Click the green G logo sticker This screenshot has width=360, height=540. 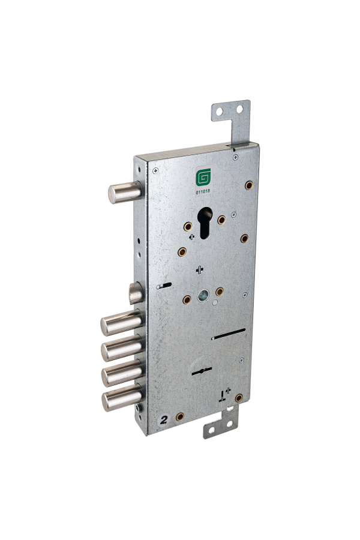203,178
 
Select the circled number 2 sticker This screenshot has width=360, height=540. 164,419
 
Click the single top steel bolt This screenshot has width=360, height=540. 125,192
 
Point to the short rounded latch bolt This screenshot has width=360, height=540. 136,293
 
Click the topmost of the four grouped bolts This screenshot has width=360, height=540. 121,322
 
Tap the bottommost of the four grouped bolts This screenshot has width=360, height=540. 122,398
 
